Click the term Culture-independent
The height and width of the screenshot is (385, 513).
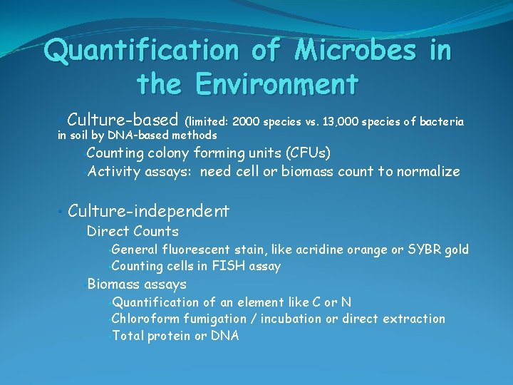[149, 211]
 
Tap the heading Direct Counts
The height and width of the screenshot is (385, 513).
[133, 231]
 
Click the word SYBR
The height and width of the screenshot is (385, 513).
[423, 250]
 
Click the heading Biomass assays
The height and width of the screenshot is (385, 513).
[136, 284]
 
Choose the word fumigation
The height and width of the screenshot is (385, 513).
[213, 319]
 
